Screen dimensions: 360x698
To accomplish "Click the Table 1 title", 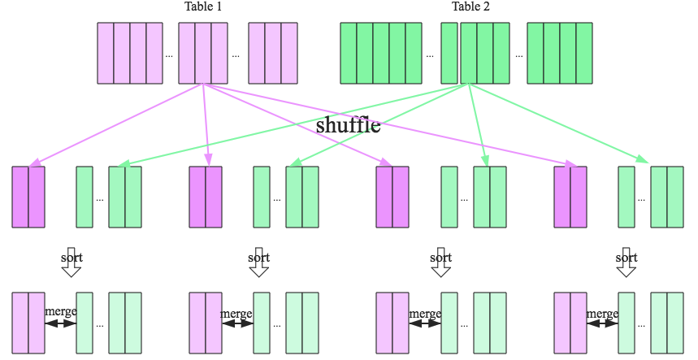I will click(x=203, y=7).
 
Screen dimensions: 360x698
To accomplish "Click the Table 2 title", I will click(x=471, y=7).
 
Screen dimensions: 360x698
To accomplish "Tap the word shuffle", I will click(x=348, y=126).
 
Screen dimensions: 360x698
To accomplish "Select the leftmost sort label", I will click(x=72, y=258).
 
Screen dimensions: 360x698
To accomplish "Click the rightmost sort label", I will click(x=626, y=258).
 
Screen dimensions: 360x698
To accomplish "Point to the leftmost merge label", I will click(x=61, y=313).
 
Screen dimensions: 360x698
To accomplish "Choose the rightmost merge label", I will click(x=602, y=313).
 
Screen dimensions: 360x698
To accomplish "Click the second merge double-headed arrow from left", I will click(x=237, y=323).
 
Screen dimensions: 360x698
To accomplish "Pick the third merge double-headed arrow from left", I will click(x=425, y=323).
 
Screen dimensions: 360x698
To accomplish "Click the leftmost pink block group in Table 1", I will click(x=130, y=53).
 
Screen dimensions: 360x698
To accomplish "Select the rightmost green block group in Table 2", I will click(x=560, y=53).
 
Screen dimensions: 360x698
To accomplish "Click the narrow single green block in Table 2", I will click(x=449, y=53).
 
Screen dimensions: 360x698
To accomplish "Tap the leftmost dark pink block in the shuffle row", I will click(x=28, y=197).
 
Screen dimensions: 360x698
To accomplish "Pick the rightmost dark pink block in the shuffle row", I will click(x=570, y=197).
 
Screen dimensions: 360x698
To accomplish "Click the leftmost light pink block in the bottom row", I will click(x=28, y=323).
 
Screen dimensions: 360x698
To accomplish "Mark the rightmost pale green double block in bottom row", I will click(x=667, y=323).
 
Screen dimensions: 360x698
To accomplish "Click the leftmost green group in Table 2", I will click(x=381, y=53).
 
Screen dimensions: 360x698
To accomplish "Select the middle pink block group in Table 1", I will click(x=202, y=53).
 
